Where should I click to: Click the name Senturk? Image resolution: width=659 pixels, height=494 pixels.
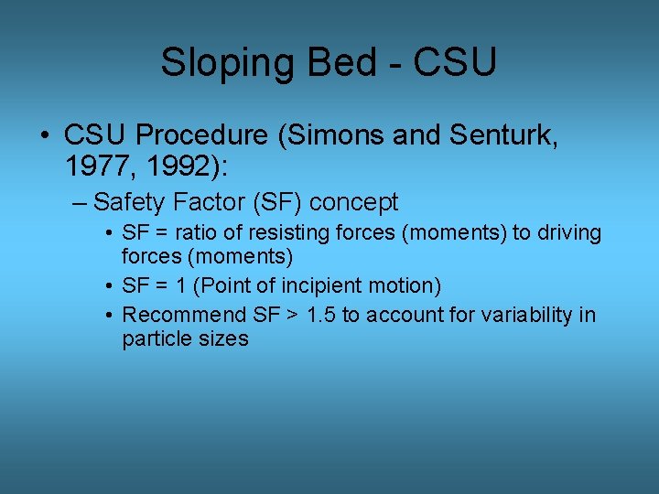495,136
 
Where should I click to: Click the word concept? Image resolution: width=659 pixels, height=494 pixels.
353,202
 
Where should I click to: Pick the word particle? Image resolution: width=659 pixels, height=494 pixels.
153,338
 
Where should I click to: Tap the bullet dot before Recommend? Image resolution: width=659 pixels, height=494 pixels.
109,316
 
